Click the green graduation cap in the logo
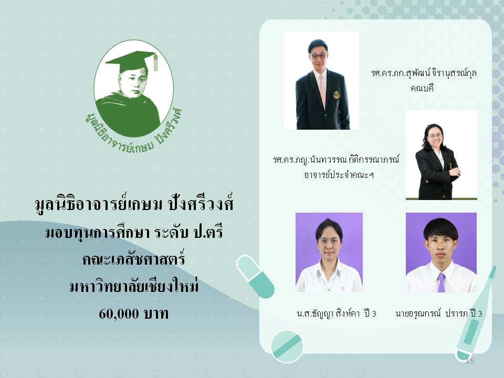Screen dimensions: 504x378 point(132,61)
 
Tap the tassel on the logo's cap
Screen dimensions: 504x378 point(155,62)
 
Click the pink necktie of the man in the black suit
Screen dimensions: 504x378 point(322,90)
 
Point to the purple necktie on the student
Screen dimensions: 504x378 point(442,282)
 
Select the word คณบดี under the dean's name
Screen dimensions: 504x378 point(422,88)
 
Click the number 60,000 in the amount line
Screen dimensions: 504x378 point(119,314)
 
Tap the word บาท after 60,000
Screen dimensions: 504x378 point(156,314)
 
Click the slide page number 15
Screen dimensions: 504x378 point(469,360)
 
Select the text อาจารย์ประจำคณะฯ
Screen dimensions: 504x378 point(339,175)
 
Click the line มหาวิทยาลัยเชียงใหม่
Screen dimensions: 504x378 point(134,286)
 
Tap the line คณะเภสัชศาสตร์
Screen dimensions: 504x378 point(133,259)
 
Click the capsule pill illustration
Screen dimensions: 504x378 point(255,277)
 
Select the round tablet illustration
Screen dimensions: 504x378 point(287,346)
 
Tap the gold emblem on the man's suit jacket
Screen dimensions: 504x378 point(336,95)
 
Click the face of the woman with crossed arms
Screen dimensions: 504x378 point(435,136)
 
